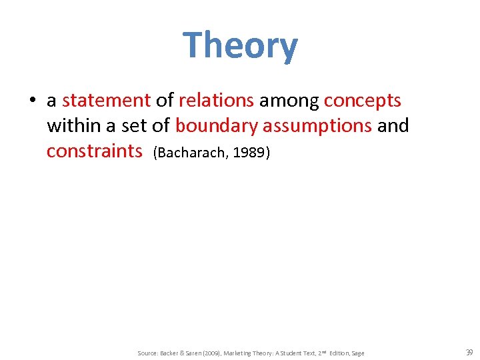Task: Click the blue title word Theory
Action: click(x=240, y=46)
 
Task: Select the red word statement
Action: click(x=106, y=101)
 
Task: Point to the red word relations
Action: click(x=216, y=101)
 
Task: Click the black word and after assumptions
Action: click(x=393, y=125)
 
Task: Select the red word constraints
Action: click(x=95, y=151)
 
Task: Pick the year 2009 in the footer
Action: click(x=213, y=353)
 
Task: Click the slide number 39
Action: click(x=469, y=352)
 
